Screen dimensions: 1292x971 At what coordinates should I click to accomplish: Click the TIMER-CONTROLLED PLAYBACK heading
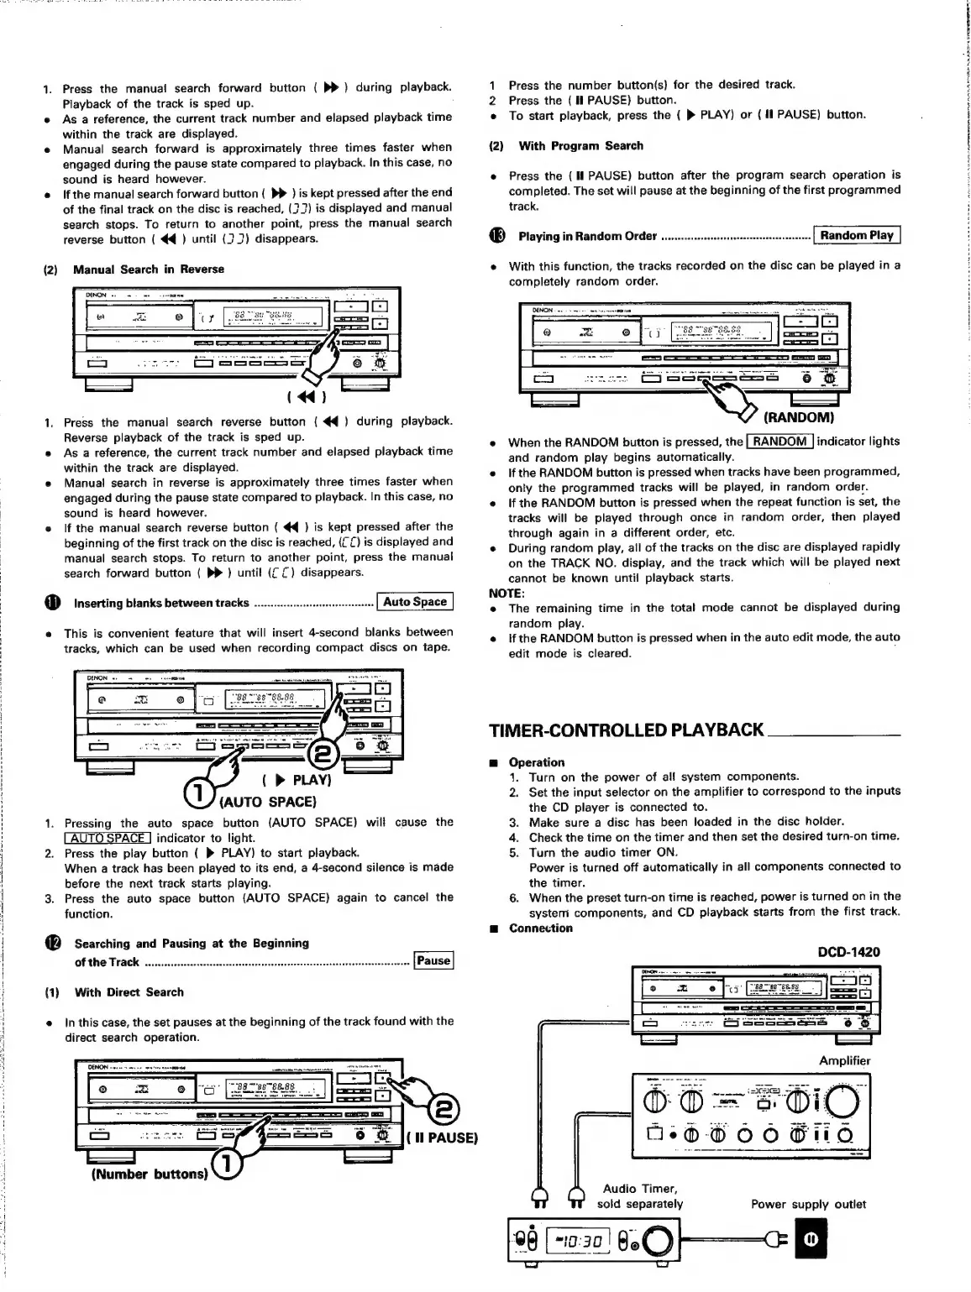pos(626,730)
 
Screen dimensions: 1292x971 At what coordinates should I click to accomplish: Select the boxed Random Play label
pos(857,235)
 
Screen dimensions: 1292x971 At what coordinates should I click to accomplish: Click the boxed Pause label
pos(433,960)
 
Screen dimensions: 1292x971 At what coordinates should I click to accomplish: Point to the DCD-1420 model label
pos(848,952)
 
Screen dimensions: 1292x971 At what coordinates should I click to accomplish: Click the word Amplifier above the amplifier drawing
pos(845,1060)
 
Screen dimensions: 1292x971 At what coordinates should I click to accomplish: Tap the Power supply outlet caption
pos(808,1204)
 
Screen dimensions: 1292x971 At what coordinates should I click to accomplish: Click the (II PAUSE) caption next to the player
pos(441,1138)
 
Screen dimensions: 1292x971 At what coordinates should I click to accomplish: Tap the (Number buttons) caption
pos(149,1174)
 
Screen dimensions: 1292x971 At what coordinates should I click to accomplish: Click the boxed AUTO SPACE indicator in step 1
pos(108,838)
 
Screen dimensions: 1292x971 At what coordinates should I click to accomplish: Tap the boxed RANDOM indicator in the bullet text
pos(779,442)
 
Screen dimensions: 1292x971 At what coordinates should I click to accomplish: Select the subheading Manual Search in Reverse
pos(148,269)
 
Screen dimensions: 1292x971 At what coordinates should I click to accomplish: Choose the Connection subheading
pos(540,928)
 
